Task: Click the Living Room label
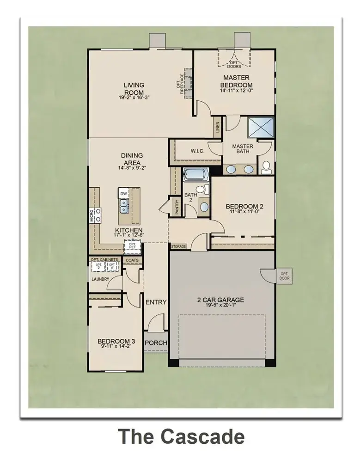click(x=134, y=88)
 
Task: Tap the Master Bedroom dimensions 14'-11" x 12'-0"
click(x=236, y=91)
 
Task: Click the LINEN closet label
click(x=217, y=128)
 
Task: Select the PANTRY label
click(x=177, y=206)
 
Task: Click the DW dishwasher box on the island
click(x=123, y=193)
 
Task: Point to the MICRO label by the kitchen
click(x=92, y=215)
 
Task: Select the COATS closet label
click(x=132, y=260)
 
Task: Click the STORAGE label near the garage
click(x=178, y=246)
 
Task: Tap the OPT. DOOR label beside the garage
click(x=284, y=276)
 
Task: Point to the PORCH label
click(x=155, y=343)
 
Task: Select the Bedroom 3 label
click(x=114, y=342)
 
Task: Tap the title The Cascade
click(x=180, y=436)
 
